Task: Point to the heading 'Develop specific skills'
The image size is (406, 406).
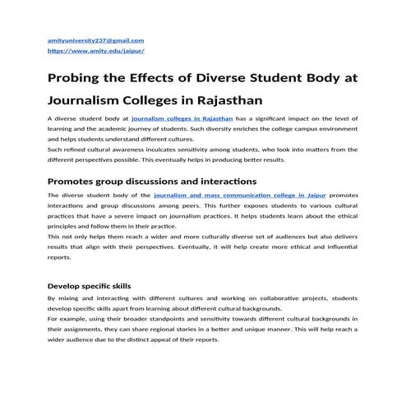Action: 89,286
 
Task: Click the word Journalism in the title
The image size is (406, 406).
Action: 91,102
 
